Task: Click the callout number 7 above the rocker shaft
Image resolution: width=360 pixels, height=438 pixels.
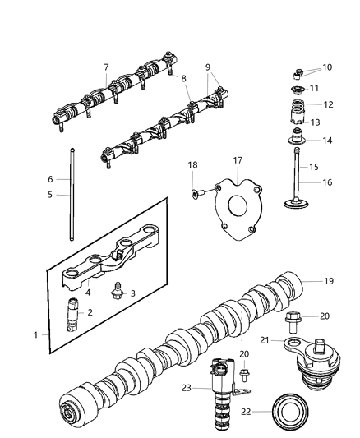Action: point(105,67)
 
